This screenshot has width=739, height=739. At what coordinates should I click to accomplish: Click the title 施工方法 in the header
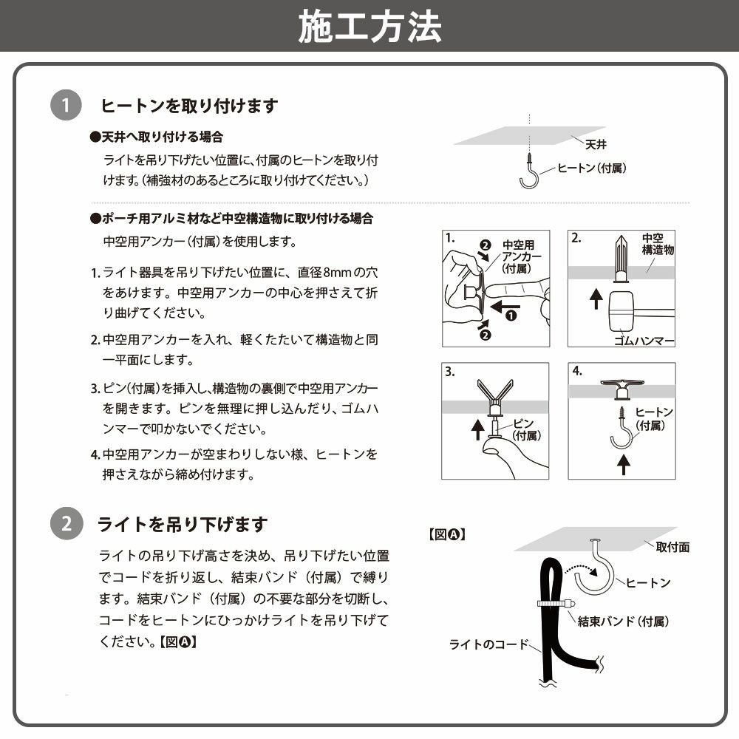click(369, 27)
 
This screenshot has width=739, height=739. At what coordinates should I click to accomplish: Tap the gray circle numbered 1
click(66, 106)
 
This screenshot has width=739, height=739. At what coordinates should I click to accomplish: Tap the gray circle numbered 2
click(66, 525)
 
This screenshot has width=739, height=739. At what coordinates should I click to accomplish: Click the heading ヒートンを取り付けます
click(189, 106)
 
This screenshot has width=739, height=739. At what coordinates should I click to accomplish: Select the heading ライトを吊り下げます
click(183, 525)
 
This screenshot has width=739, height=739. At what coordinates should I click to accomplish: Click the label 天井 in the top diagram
click(596, 145)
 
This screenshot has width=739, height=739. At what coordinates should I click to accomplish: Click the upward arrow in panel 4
click(623, 464)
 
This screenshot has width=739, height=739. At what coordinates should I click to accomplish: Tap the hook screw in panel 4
click(621, 429)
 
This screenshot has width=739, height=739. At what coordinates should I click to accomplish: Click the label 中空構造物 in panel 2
click(657, 245)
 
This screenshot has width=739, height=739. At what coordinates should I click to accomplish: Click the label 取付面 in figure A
click(672, 547)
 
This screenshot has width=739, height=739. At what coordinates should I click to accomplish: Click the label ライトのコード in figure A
click(488, 644)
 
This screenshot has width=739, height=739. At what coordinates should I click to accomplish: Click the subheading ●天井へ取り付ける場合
click(156, 137)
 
